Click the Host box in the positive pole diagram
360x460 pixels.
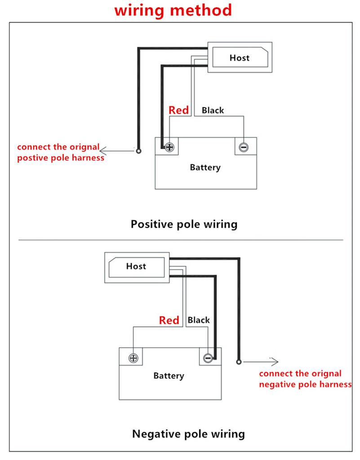pos(239,57)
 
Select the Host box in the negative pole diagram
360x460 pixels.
pos(136,266)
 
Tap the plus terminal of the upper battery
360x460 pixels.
pos(169,147)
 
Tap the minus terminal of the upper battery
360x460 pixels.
pos(243,147)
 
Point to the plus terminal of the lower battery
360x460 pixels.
pos(133,358)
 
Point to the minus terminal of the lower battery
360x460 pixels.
pos(207,358)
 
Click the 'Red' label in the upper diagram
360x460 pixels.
pos(178,110)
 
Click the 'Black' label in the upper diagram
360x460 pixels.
pos(213,110)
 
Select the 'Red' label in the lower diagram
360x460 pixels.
pos(169,320)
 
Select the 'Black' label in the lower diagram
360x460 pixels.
pos(199,320)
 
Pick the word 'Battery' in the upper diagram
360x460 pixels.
pos(205,168)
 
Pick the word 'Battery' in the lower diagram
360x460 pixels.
pos(169,376)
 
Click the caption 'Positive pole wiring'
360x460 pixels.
pos(184,224)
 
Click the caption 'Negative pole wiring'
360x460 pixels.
pos(188,434)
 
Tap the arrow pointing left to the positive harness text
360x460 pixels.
pos(117,151)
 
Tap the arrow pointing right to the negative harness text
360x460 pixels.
pos(261,361)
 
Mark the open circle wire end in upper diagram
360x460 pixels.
pos(139,151)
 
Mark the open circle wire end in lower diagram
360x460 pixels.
pos(238,361)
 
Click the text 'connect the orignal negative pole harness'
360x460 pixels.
pos(305,379)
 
